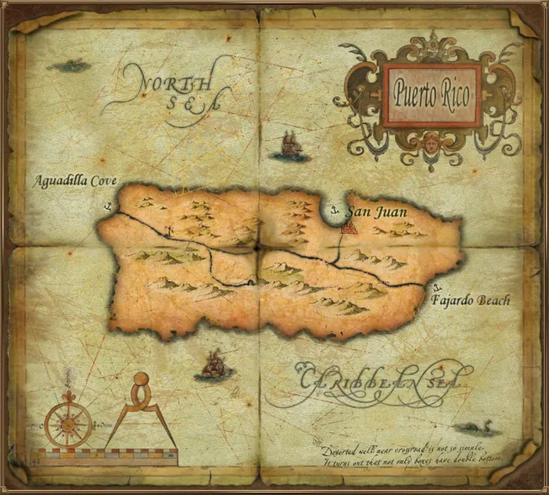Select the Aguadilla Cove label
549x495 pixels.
(75, 181)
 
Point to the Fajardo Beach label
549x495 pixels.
(471, 301)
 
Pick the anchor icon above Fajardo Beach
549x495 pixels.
(437, 287)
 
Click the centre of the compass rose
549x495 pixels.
(68, 422)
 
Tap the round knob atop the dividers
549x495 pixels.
(142, 380)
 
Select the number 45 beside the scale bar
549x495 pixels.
(36, 463)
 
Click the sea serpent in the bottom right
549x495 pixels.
(476, 428)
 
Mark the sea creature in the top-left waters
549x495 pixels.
(69, 66)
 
